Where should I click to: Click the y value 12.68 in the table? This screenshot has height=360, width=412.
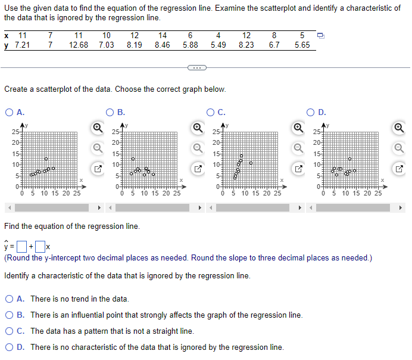click(79, 45)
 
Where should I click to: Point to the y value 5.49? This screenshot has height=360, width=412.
click(219, 45)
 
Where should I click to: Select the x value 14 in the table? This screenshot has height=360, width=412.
click(162, 35)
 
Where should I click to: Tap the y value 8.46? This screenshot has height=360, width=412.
click(162, 45)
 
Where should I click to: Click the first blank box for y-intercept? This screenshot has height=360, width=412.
click(21, 246)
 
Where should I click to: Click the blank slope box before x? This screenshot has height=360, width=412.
click(40, 246)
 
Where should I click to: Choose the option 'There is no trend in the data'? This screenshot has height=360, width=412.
click(11, 299)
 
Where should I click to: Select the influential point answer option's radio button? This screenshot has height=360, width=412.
click(11, 315)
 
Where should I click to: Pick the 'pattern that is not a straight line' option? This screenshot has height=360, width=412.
click(11, 331)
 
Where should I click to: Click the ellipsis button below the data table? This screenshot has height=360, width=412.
click(196, 66)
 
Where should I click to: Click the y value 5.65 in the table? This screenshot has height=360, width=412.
click(302, 45)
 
